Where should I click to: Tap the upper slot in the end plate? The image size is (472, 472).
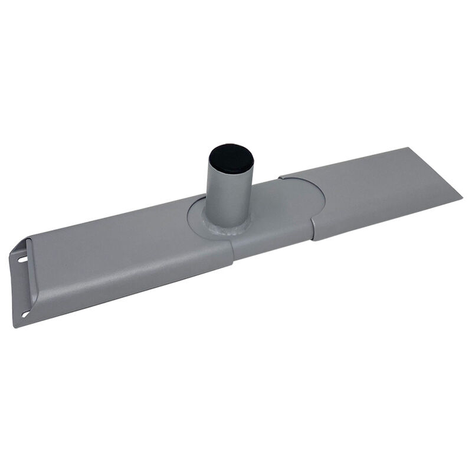[x=22, y=259]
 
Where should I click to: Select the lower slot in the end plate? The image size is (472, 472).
[x=24, y=314]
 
